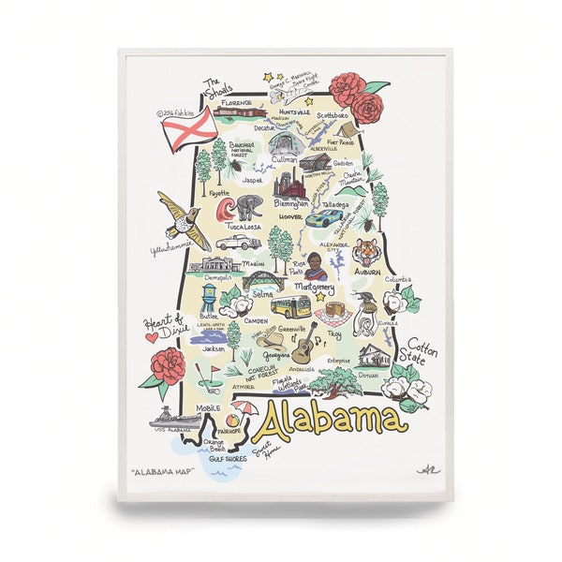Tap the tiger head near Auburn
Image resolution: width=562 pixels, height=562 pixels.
(366, 250)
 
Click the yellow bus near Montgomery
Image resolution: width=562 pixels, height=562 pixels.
(290, 306)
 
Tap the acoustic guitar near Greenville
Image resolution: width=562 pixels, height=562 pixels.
(302, 351)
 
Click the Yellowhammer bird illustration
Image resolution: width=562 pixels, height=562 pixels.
(182, 222)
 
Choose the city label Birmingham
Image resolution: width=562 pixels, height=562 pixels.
(291, 203)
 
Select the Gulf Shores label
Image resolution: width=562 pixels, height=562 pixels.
(229, 460)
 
